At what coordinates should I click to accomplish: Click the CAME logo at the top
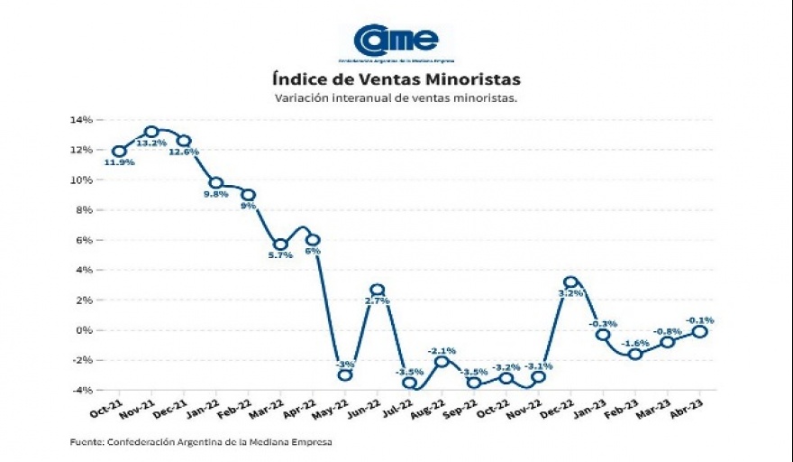396,41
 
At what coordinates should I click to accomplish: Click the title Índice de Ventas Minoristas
396,79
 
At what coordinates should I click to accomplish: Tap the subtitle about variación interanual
396,97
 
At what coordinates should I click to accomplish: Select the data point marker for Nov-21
151,133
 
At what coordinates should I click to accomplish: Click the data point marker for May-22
345,374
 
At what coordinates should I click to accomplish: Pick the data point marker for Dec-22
570,282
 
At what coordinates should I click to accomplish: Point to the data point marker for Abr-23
699,331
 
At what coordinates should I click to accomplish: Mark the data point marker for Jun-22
378,290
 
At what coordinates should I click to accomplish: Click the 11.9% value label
119,163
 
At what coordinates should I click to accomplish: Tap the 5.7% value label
281,255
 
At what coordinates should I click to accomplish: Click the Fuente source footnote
200,442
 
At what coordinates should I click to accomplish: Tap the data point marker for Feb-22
249,195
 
